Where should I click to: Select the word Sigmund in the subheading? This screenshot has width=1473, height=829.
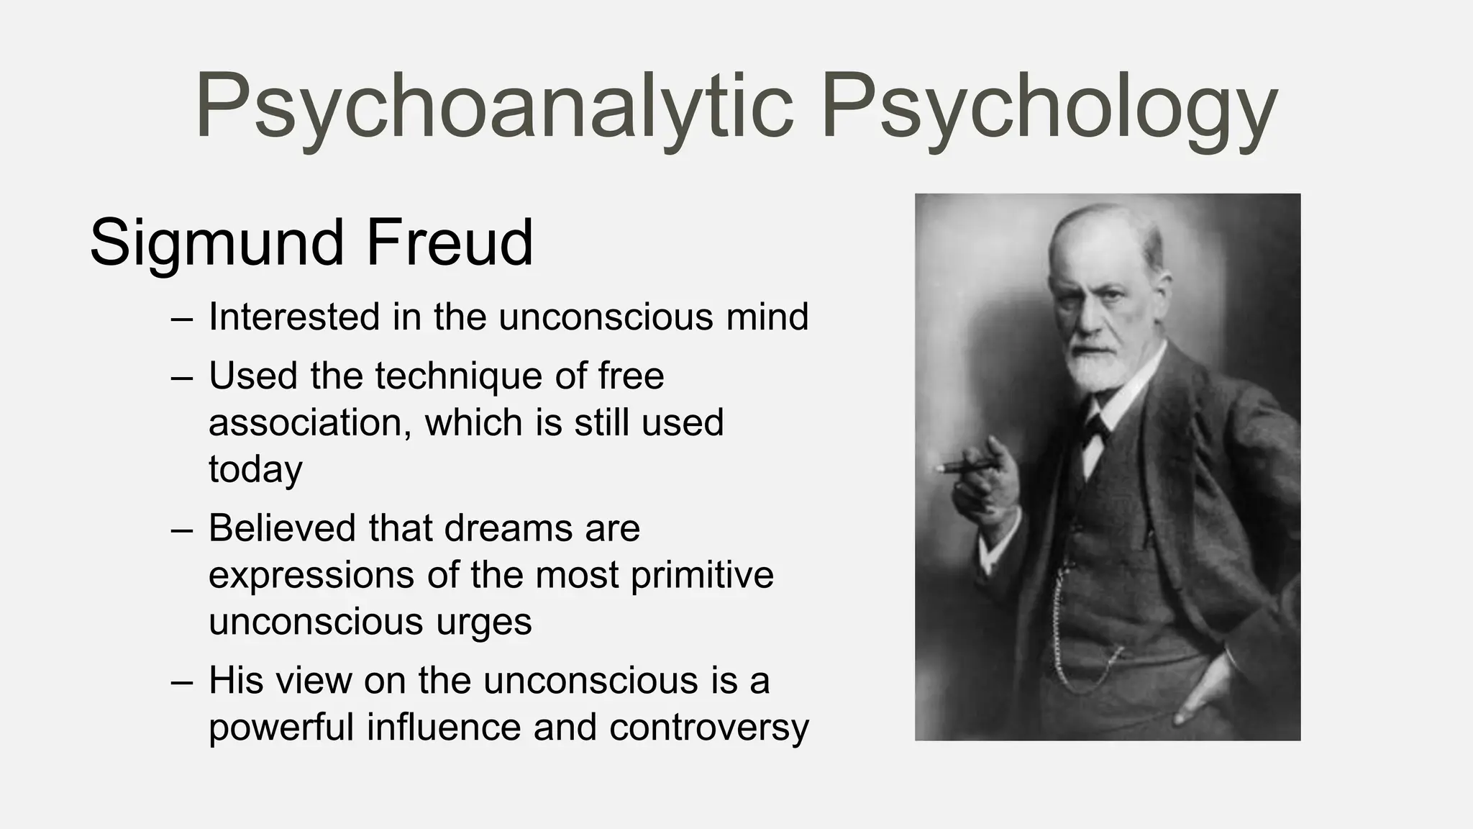click(x=216, y=243)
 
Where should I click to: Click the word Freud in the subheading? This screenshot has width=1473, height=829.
click(x=450, y=243)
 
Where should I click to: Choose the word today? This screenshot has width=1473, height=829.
click(x=255, y=469)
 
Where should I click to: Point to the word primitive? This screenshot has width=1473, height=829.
click(x=702, y=574)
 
